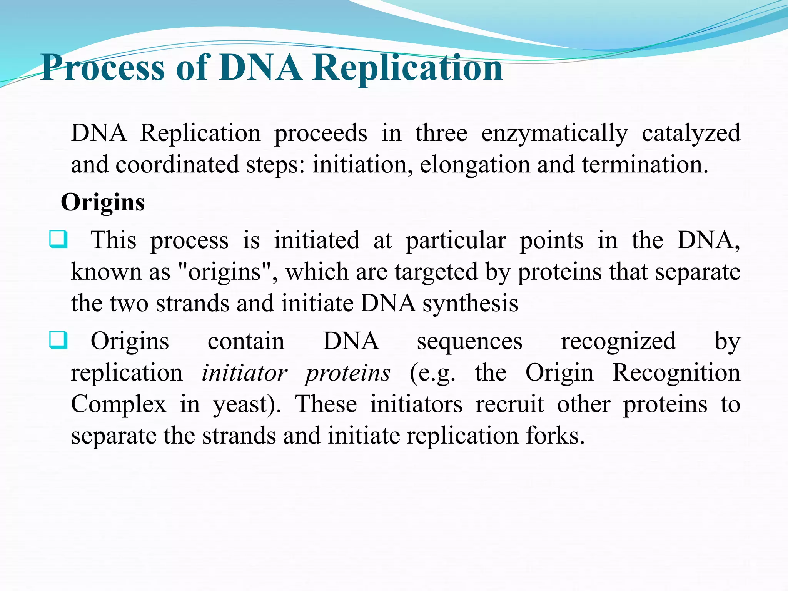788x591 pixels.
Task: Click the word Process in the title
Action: pyautogui.click(x=103, y=68)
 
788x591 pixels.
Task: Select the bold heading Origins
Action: pyautogui.click(x=103, y=202)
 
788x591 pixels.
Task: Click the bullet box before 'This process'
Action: pyautogui.click(x=58, y=239)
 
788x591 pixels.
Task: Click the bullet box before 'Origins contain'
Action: pyautogui.click(x=58, y=340)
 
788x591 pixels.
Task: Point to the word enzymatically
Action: pyautogui.click(x=554, y=134)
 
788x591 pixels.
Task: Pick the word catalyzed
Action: pyautogui.click(x=691, y=134)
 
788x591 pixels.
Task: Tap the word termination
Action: pyautogui.click(x=644, y=165)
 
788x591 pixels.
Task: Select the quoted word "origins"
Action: pyautogui.click(x=225, y=272)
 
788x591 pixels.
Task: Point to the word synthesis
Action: pyautogui.click(x=470, y=304)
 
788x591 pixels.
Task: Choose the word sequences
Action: pyautogui.click(x=470, y=342)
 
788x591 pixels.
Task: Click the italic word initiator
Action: pyautogui.click(x=244, y=373)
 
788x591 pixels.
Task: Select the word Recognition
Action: pyautogui.click(x=676, y=373)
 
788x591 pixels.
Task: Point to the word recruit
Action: pyautogui.click(x=510, y=405)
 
